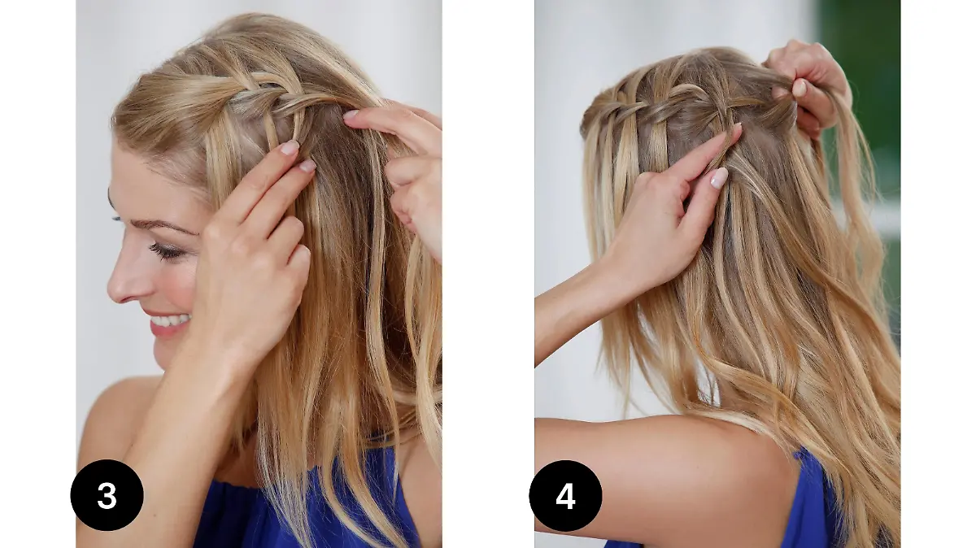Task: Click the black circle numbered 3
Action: [x=107, y=495]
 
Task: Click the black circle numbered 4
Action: [x=565, y=496]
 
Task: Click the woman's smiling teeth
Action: [x=170, y=320]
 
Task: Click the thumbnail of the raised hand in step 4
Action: [x=799, y=88]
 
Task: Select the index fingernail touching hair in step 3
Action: [x=290, y=147]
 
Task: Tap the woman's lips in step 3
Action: [x=168, y=322]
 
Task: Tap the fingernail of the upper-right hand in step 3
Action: [x=351, y=115]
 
